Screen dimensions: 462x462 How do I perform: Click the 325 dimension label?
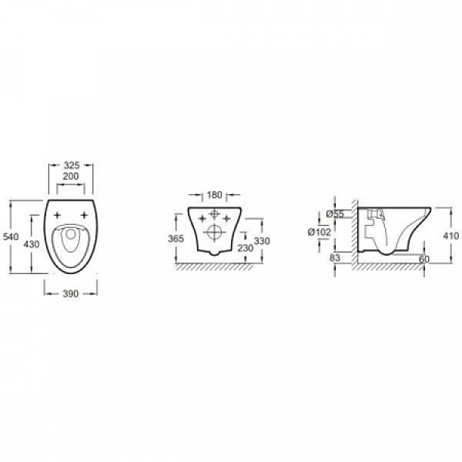pos(72,165)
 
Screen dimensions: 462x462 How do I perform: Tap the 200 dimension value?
pos(71,176)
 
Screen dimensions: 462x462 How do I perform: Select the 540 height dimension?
pos(11,236)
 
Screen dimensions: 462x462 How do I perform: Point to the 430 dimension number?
pos(32,244)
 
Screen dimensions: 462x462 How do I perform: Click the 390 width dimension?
pos(71,294)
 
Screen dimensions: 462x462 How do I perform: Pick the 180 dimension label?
pos(214,195)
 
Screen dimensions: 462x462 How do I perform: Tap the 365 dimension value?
pos(176,239)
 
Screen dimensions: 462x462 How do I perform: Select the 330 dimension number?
pos(262,241)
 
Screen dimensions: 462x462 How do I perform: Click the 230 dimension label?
pos(245,248)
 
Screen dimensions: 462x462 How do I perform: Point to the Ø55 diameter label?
pos(335,214)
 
